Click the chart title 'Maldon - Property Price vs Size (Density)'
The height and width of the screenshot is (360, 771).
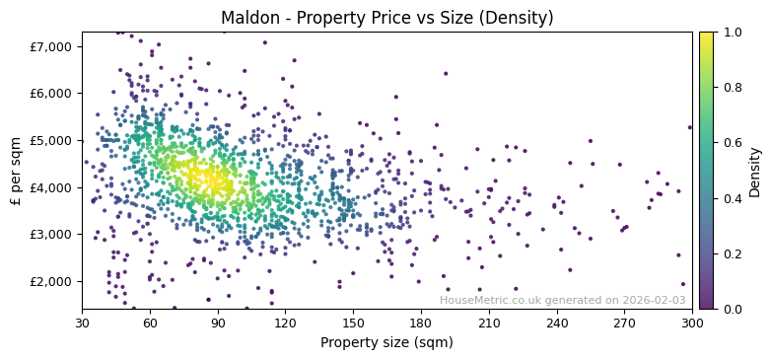[x=386, y=18]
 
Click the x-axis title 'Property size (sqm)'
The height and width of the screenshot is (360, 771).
[x=386, y=342]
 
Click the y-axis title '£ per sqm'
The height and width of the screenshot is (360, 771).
[x=17, y=170]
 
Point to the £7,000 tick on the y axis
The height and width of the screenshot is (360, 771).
[x=51, y=46]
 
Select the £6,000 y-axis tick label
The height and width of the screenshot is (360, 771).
[x=51, y=94]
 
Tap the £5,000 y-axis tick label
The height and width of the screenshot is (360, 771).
[x=51, y=140]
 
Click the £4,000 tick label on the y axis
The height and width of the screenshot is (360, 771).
[x=51, y=187]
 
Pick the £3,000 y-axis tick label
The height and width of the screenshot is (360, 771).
[x=51, y=234]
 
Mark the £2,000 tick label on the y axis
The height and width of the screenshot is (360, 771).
[x=51, y=281]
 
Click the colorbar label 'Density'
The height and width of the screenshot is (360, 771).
[x=755, y=170]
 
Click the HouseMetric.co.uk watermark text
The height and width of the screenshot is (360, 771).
[x=562, y=300]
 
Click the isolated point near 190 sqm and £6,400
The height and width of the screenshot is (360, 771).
[x=445, y=73]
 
